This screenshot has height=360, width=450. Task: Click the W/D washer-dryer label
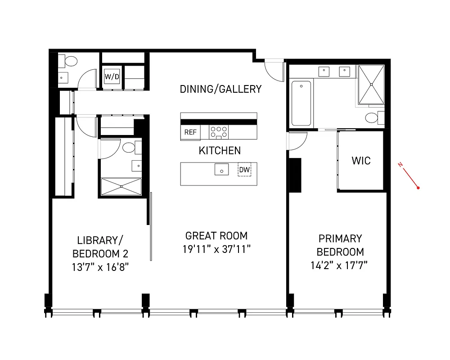pyautogui.click(x=112, y=76)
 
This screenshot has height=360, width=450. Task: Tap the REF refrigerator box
pyautogui.click(x=190, y=132)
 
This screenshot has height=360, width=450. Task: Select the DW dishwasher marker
pyautogui.click(x=244, y=170)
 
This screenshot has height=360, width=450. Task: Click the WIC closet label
pyautogui.click(x=361, y=160)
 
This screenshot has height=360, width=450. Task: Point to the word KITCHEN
pyautogui.click(x=220, y=151)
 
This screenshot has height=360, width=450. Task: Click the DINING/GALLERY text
pyautogui.click(x=220, y=89)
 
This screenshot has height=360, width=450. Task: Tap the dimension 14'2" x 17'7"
pyautogui.click(x=340, y=265)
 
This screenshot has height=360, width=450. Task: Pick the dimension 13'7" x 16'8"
pyautogui.click(x=100, y=267)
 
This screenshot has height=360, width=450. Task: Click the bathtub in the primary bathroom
pyautogui.click(x=301, y=103)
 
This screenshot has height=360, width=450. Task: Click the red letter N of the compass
pyautogui.click(x=400, y=165)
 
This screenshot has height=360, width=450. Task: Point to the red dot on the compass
pyautogui.click(x=418, y=188)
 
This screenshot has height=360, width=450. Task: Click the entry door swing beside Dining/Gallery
pyautogui.click(x=272, y=69)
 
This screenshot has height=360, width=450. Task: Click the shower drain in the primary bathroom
pyautogui.click(x=371, y=84)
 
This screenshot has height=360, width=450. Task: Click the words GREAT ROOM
pyautogui.click(x=216, y=235)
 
